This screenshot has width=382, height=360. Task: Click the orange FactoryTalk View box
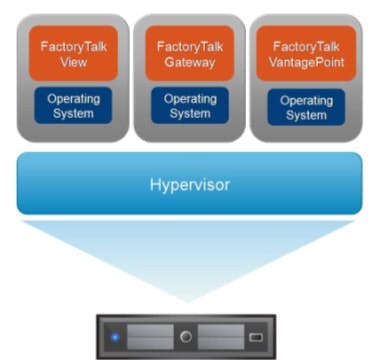point(69,52)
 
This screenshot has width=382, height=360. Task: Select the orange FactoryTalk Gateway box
point(190,52)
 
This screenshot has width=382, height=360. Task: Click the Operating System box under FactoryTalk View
point(69,105)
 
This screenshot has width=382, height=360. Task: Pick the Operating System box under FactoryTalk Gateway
point(190,105)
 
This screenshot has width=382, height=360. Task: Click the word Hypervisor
point(190,185)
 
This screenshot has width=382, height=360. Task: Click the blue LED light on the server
point(114,336)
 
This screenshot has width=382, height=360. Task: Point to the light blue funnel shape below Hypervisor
point(190,255)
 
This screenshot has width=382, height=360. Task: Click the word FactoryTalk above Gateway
point(190,45)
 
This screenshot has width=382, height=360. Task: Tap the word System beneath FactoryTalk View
point(69,113)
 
